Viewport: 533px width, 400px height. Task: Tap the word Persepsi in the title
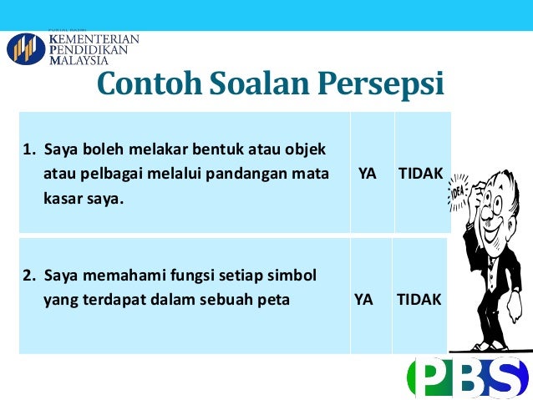tap(379, 84)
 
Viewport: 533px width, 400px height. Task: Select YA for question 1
tap(367, 174)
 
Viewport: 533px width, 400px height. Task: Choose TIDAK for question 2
tap(419, 298)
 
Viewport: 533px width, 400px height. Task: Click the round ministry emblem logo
tap(26, 49)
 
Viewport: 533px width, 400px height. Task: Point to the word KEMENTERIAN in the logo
tap(94, 38)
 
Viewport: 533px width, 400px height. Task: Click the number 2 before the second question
tap(26, 275)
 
